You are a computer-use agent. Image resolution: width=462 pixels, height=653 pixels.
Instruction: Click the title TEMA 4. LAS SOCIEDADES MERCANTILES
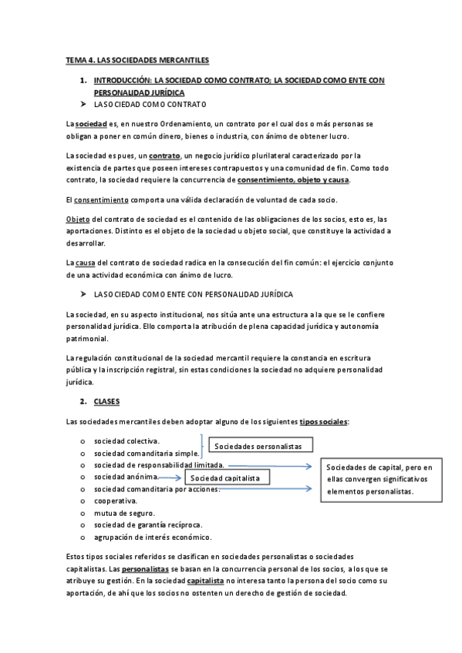tap(137, 59)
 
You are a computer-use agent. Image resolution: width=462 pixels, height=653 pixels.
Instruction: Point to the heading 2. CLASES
tap(106, 402)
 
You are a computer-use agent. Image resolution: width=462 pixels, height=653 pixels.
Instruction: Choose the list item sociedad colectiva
tap(126, 441)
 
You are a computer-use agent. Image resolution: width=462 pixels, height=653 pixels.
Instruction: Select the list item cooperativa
tap(116, 501)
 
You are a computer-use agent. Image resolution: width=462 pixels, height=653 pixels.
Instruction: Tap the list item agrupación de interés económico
tap(153, 537)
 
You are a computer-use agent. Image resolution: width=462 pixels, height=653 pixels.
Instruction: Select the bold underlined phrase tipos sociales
tap(323, 422)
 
